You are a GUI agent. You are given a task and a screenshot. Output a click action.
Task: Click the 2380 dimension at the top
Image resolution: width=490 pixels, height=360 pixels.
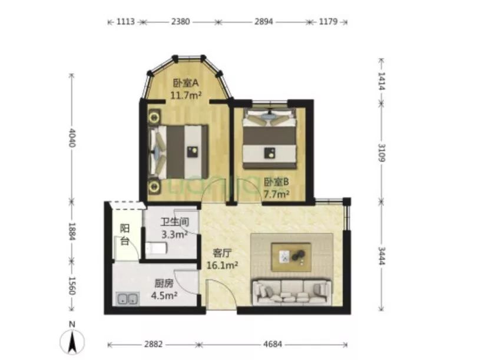point(180,22)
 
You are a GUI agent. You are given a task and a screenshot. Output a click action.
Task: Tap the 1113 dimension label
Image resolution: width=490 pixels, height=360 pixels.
point(125,22)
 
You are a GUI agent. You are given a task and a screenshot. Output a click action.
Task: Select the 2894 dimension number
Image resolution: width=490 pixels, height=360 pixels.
point(263,22)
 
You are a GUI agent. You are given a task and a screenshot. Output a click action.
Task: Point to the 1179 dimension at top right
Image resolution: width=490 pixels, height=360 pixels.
point(328,22)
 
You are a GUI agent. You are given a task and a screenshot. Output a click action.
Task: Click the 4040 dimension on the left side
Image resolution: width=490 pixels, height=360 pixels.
point(72,137)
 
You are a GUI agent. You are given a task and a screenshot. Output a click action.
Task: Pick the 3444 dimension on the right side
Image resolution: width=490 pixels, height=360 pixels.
point(381,256)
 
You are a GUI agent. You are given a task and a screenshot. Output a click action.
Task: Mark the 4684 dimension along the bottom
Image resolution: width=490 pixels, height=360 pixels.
point(273,344)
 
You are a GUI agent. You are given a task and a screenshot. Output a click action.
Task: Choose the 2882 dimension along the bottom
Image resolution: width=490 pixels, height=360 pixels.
point(154,344)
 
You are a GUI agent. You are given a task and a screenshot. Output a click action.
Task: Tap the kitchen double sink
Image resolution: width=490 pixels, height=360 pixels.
point(127,299)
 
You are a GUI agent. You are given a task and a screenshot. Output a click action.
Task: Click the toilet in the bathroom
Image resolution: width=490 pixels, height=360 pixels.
point(156,249)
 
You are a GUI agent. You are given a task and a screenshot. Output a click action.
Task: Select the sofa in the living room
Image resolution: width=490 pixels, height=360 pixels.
point(292,292)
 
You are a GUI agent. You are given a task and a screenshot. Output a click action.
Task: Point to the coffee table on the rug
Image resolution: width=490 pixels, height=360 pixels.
point(292,257)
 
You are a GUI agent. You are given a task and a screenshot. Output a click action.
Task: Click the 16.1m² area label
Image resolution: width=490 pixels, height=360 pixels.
point(222,265)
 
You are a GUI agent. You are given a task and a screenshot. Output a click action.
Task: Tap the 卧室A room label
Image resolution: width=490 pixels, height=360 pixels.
point(186,83)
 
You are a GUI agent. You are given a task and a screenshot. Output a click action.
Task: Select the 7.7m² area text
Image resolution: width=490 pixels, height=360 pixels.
point(276,194)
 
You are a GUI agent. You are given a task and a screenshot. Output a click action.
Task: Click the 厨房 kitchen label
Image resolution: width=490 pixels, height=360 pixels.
point(164,283)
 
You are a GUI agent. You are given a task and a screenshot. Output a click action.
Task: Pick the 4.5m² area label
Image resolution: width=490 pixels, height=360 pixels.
point(164,295)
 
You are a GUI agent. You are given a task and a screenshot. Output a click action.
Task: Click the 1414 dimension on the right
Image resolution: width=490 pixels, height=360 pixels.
point(381,81)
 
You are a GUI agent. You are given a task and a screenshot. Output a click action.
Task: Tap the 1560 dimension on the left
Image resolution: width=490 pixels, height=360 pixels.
point(72,286)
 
